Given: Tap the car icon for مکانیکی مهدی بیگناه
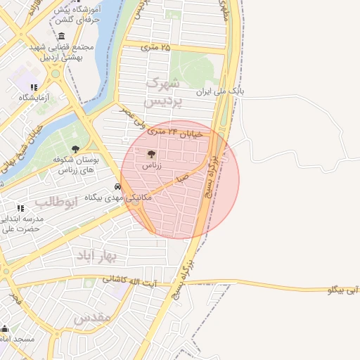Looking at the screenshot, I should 117,187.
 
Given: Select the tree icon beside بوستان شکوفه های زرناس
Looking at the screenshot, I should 76,148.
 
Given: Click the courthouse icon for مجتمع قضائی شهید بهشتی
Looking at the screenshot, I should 62,36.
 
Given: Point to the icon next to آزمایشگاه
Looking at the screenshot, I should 34,86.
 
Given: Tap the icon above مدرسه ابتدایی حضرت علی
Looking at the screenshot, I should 20,208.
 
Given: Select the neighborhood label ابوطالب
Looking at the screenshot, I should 54,202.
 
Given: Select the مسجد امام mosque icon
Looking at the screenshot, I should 5,328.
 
